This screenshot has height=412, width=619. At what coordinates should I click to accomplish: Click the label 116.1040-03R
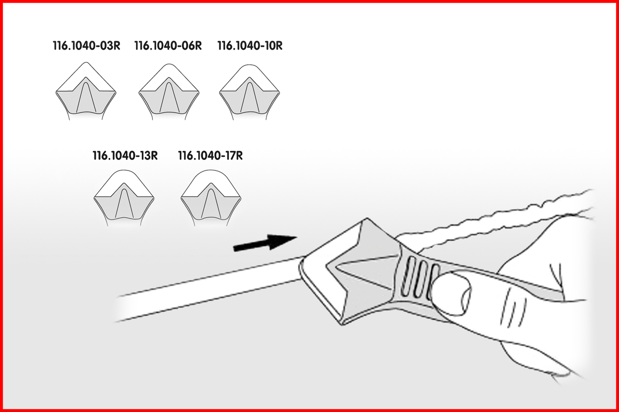87,46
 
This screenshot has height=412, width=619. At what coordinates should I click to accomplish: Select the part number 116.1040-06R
168,46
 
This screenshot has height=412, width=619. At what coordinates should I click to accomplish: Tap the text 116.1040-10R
250,46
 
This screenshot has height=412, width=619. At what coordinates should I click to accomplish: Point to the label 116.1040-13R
125,156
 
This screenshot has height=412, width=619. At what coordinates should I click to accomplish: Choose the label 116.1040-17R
210,156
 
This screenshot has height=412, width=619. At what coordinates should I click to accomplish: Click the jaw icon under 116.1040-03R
86,91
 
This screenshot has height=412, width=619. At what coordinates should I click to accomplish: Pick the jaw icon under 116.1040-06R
169,92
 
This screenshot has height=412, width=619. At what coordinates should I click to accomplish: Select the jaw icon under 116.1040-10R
250,92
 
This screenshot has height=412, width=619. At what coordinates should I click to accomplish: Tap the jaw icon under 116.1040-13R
124,198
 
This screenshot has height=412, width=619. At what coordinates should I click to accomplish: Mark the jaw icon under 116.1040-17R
211,198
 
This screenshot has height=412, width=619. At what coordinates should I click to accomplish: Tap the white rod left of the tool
207,289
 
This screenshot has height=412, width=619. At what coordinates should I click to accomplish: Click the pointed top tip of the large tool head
367,218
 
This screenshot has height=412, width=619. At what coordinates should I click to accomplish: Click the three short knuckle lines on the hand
514,310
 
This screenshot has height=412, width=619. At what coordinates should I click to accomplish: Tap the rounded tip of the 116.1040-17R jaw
211,170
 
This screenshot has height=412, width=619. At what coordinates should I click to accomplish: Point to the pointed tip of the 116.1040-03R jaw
86,63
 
